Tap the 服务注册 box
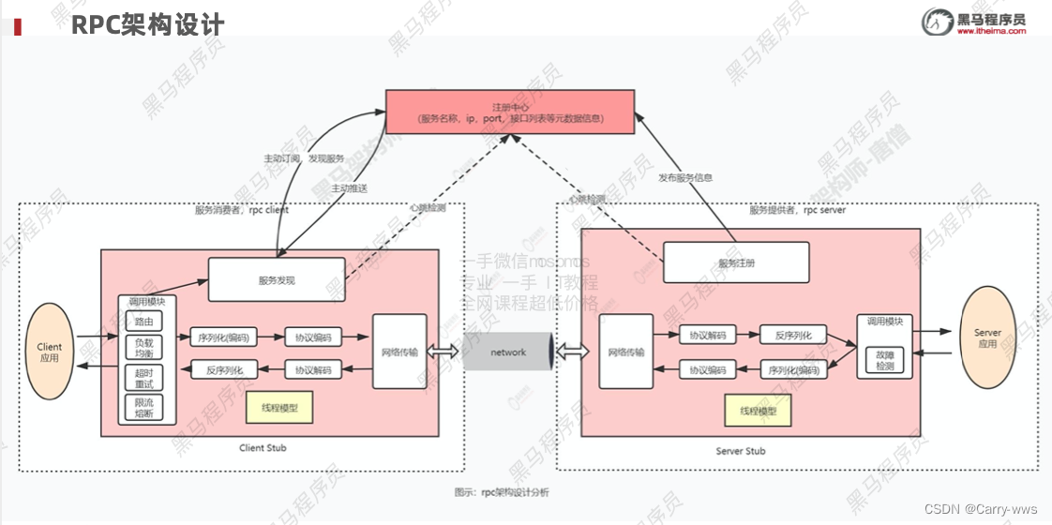click(736, 263)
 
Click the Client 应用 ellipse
click(50, 352)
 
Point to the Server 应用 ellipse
click(987, 337)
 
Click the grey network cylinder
click(508, 352)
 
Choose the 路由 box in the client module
click(143, 322)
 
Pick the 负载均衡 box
click(143, 350)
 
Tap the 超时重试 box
click(143, 379)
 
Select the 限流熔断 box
click(143, 407)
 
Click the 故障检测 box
click(885, 361)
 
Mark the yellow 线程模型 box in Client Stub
click(278, 408)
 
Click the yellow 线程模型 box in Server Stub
click(758, 410)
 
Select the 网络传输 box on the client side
click(399, 352)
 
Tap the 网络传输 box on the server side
click(626, 352)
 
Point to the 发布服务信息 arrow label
click(684, 177)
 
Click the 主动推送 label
click(349, 188)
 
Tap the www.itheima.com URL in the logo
click(991, 31)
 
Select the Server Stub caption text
click(741, 451)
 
